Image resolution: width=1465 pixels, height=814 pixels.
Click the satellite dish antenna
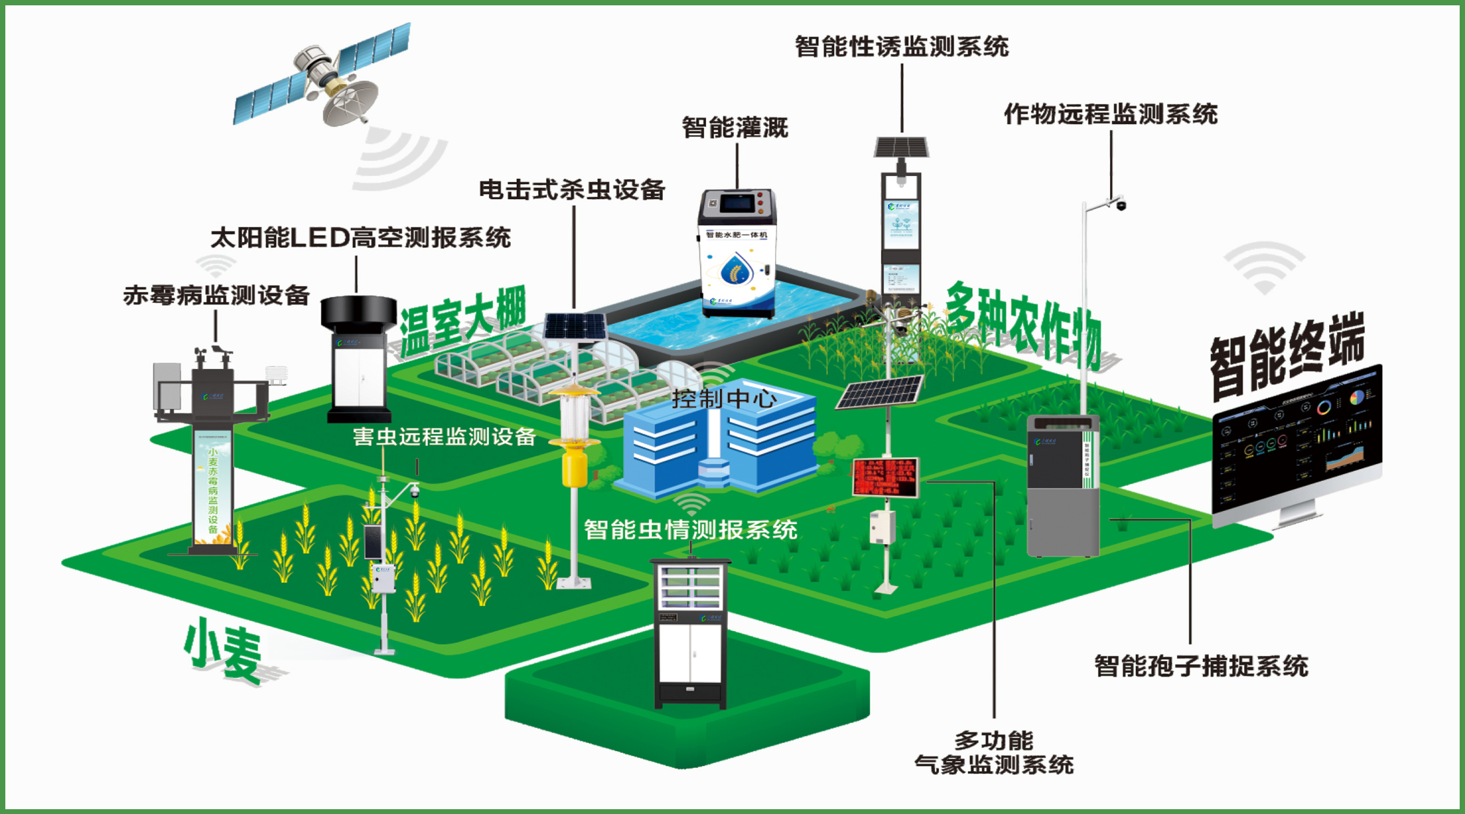tap(350, 102)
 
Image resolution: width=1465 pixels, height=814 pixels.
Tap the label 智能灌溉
tap(735, 127)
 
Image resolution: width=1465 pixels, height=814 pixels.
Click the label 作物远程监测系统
tap(1111, 115)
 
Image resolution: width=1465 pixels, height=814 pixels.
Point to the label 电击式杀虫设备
tap(572, 190)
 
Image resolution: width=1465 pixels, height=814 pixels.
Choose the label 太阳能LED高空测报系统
tap(361, 238)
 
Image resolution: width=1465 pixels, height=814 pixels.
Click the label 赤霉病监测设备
tap(216, 296)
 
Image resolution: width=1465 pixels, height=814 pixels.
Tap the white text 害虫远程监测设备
tap(444, 437)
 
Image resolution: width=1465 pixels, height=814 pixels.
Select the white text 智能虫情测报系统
tap(690, 530)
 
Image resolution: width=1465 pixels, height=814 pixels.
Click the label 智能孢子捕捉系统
tap(1201, 666)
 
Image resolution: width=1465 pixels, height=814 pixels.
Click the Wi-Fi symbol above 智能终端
tap(1264, 267)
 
